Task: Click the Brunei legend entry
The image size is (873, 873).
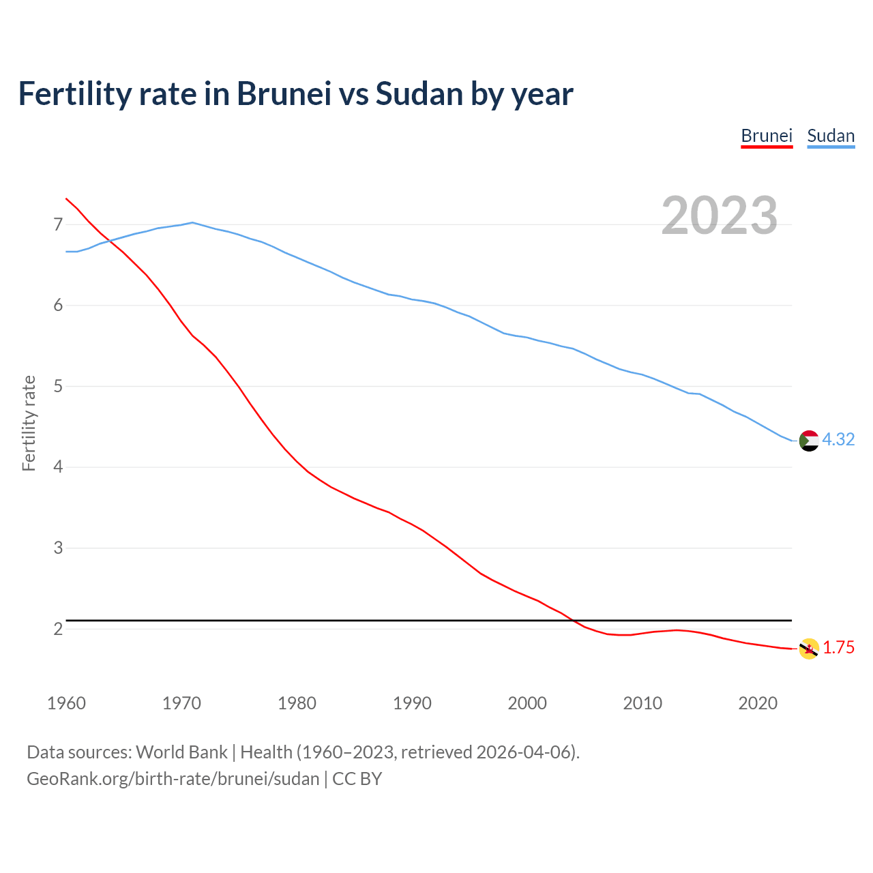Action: [767, 136]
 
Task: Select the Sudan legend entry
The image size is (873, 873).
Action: [831, 136]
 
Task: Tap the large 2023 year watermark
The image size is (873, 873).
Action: [720, 216]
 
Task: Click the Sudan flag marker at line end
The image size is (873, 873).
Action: [809, 441]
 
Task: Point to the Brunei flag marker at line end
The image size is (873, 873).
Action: [809, 649]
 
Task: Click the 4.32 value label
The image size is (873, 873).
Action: [838, 440]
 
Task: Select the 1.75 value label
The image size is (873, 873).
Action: [838, 648]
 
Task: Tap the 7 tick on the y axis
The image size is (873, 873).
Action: [58, 224]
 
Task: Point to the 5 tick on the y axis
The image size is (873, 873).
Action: [58, 387]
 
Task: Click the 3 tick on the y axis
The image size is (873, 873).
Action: [58, 548]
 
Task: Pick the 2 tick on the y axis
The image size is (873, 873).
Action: [58, 629]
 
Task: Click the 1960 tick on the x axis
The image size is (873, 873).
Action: [66, 703]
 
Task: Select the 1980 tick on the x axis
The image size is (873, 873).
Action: [297, 703]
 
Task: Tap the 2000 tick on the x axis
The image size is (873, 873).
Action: [527, 703]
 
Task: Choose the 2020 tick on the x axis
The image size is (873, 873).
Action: [758, 703]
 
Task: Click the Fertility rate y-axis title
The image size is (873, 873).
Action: [29, 423]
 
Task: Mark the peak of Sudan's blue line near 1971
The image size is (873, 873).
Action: [192, 222]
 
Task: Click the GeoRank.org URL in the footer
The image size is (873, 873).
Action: [173, 779]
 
